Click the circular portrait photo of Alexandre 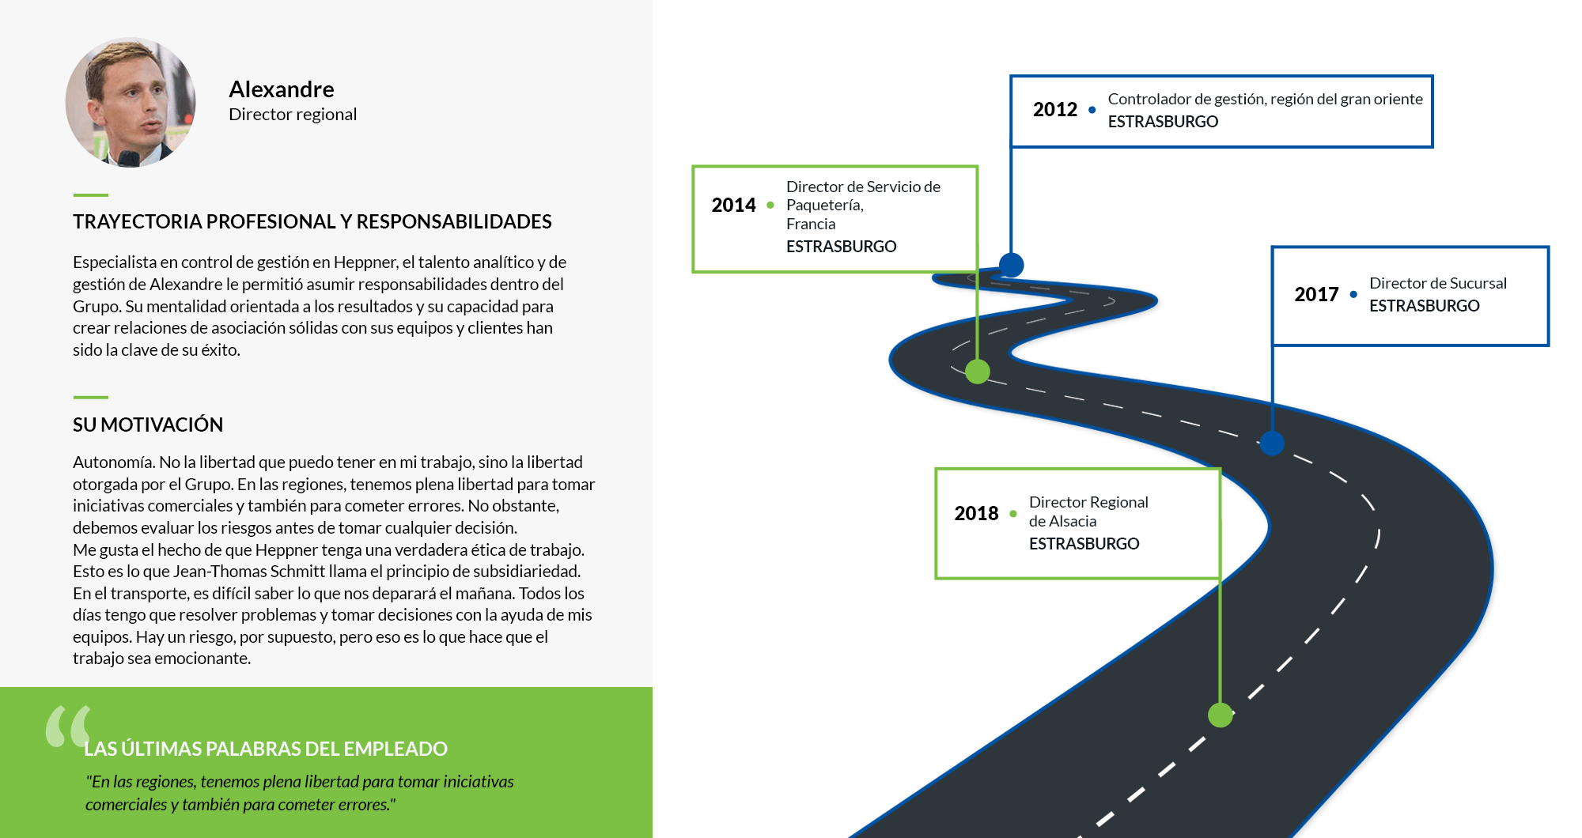click(x=131, y=102)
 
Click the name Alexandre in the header click(x=282, y=89)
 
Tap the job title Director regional click(x=293, y=115)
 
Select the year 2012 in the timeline click(x=1055, y=109)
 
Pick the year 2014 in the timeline click(x=733, y=205)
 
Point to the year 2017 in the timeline click(x=1316, y=294)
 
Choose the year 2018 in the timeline click(x=976, y=513)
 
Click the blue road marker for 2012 click(x=1011, y=265)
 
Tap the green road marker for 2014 click(x=978, y=371)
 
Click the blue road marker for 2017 click(x=1272, y=444)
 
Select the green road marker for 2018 click(x=1221, y=715)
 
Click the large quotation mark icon click(x=68, y=726)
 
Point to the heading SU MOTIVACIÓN click(x=148, y=425)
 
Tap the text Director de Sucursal click(x=1437, y=283)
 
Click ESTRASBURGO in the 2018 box click(x=1084, y=544)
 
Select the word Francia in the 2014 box click(x=811, y=224)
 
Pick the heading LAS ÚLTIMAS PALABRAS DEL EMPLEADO click(x=266, y=749)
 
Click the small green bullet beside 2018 click(x=1013, y=514)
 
